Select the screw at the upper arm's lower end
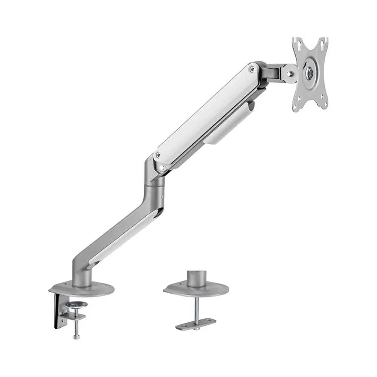(x=158, y=154)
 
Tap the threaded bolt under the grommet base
(x=196, y=309)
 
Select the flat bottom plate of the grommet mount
(x=196, y=324)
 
